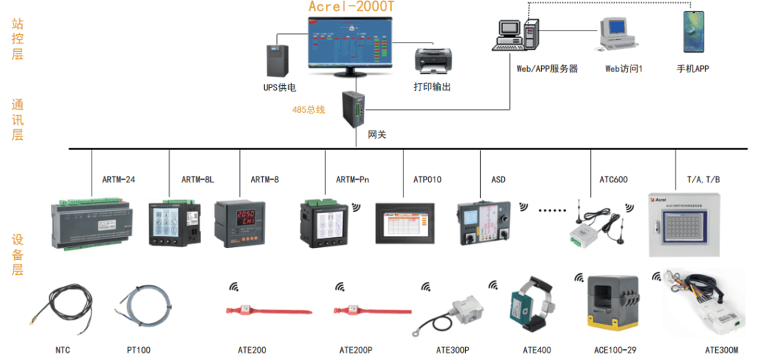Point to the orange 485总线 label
click(308, 110)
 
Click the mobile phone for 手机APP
click(693, 32)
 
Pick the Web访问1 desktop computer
click(614, 33)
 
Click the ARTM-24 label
click(119, 180)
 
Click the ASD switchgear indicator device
click(483, 224)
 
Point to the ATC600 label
click(614, 180)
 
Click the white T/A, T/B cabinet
click(685, 224)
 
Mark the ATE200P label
click(356, 350)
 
